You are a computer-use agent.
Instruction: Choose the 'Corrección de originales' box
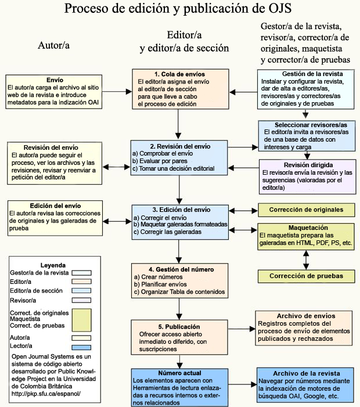tap(306, 209)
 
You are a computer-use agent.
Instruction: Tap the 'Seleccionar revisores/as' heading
tap(307, 125)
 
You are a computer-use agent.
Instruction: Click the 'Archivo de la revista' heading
tap(307, 373)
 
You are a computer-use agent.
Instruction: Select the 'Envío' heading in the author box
tap(55, 80)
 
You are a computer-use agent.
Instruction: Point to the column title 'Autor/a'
tap(54, 45)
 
